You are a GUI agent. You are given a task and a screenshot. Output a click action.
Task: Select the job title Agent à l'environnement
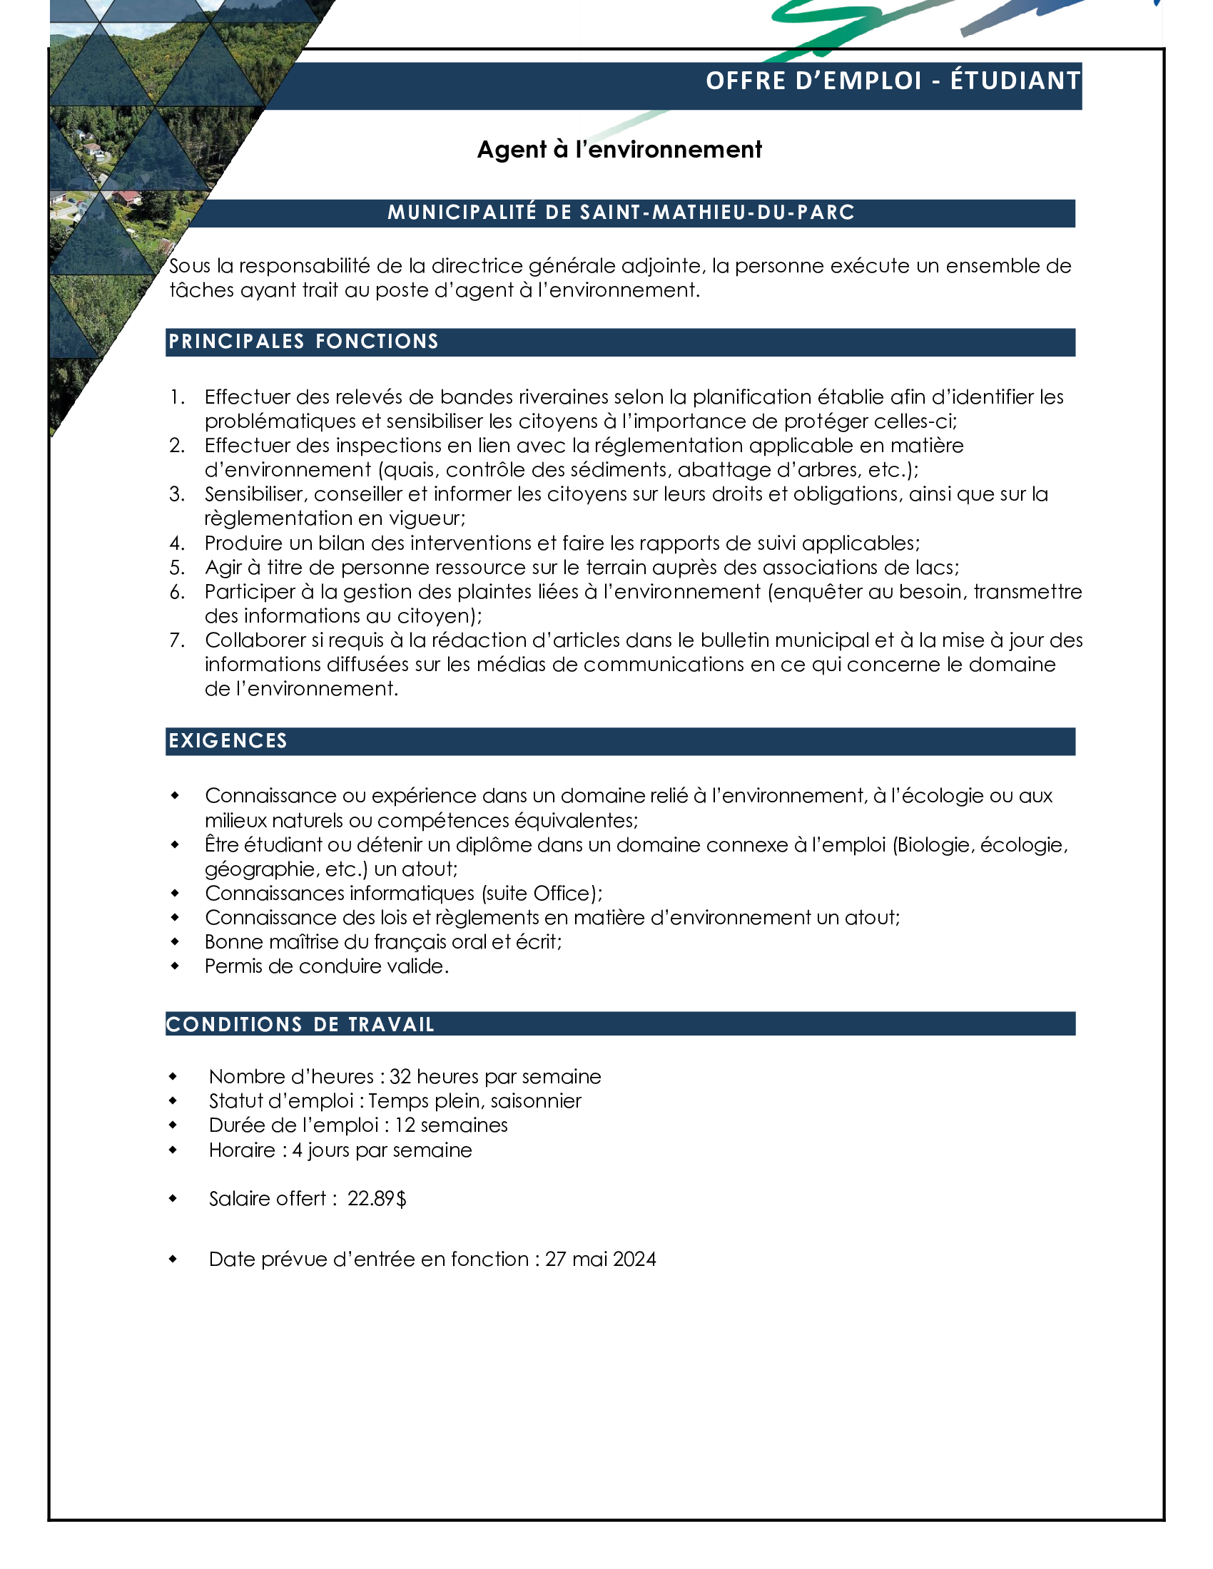tap(619, 150)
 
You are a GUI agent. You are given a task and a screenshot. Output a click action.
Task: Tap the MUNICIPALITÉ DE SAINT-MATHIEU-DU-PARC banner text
tap(621, 213)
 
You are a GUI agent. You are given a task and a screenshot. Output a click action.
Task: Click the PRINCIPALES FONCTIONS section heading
tap(303, 341)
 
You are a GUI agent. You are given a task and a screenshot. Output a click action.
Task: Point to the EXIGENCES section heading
tap(228, 741)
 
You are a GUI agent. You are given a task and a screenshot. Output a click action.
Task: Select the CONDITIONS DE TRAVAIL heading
tap(300, 1024)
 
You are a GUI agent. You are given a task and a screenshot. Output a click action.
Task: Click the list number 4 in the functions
tap(177, 543)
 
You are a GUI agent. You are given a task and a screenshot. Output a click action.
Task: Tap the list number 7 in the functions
tap(177, 640)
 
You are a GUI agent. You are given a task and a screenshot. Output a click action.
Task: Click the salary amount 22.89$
tap(377, 1198)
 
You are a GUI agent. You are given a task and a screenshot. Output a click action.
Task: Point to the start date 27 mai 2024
tap(600, 1259)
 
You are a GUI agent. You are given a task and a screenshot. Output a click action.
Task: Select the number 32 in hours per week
tap(400, 1076)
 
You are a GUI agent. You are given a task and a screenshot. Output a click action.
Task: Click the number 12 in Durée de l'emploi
tap(405, 1125)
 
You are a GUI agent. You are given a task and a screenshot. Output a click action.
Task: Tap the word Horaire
tap(241, 1150)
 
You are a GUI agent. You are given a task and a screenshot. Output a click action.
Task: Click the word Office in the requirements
tap(560, 893)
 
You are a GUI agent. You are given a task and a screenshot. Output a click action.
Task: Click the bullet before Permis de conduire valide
tap(175, 966)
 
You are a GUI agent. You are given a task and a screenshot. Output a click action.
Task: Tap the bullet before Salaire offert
tap(173, 1198)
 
